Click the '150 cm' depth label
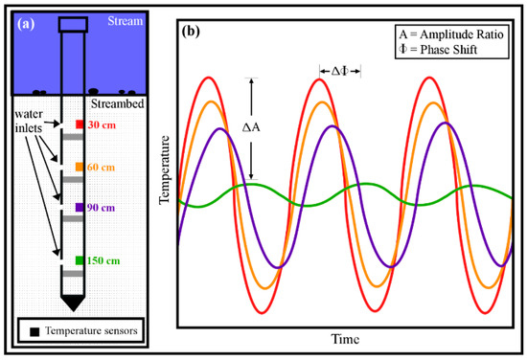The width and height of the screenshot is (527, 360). click(x=108, y=259)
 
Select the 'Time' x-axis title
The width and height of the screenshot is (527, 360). click(x=346, y=340)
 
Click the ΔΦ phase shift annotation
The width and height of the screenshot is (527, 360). click(x=340, y=70)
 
